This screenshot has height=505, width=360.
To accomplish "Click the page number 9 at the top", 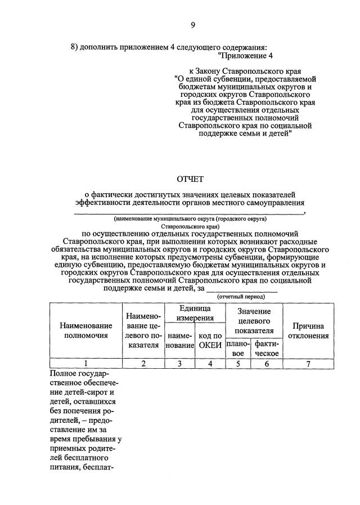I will [192, 25].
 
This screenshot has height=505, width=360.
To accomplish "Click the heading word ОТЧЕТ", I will [191, 180].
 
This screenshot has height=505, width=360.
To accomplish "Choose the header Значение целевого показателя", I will [254, 321].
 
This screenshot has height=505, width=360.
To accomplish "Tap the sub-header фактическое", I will [267, 348].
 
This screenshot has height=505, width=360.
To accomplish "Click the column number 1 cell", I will [85, 364].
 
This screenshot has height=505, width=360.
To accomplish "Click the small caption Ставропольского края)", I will [190, 226].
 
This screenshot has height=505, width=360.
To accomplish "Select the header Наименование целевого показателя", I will [143, 331].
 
